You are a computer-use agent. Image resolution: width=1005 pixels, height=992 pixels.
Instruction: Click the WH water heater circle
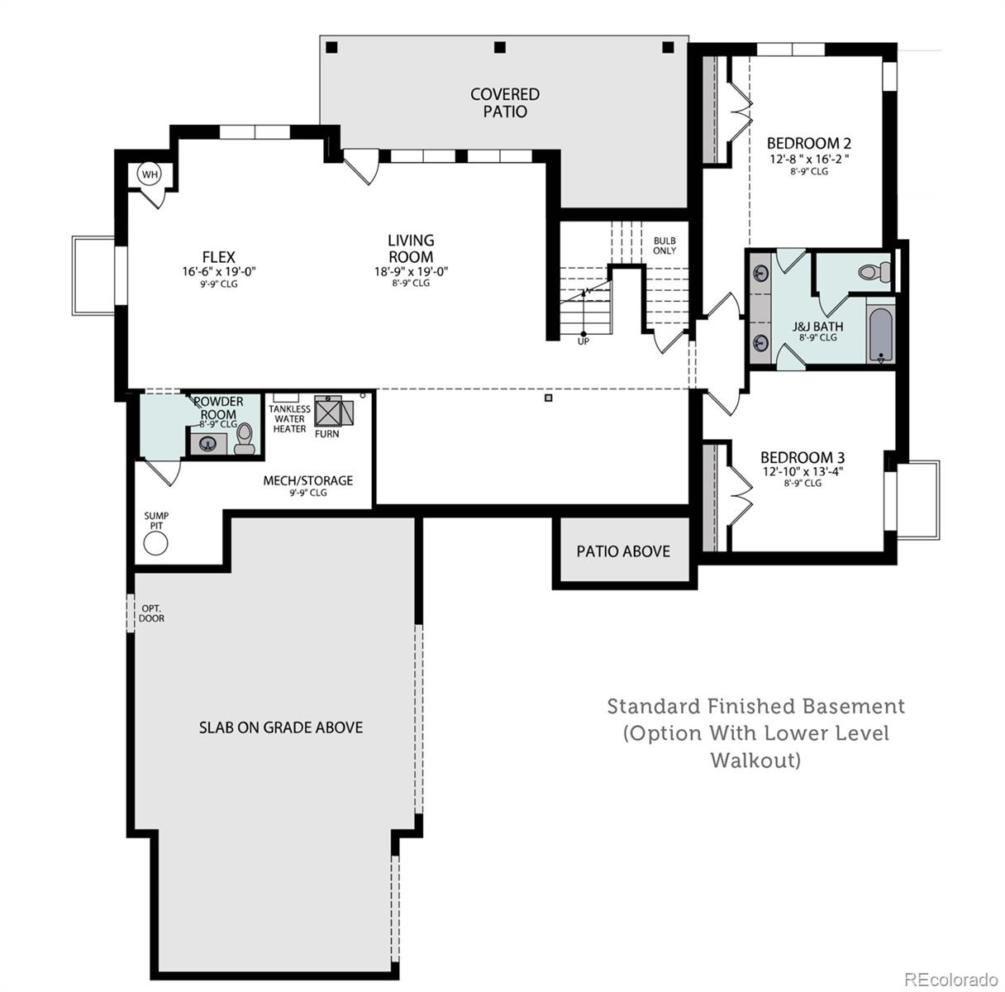coord(150,174)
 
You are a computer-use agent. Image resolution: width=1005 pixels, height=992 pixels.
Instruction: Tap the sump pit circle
coord(155,543)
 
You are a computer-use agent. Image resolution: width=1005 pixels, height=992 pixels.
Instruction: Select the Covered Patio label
coord(504,103)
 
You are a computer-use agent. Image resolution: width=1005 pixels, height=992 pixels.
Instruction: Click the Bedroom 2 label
coord(808,142)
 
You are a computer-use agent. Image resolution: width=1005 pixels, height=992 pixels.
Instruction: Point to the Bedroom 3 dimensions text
coord(803,472)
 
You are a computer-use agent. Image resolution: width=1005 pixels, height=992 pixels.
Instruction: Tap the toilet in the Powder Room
coord(244,439)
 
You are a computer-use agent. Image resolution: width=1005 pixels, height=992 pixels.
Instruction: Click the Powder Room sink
coord(207,443)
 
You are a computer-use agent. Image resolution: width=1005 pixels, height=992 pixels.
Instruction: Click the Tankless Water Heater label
coord(289,418)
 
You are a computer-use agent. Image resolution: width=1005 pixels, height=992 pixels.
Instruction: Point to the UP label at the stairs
coord(583,341)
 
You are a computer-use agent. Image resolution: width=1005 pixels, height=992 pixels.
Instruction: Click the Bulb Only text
coord(664,246)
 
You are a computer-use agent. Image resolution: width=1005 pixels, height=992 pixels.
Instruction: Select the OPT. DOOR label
coord(151,613)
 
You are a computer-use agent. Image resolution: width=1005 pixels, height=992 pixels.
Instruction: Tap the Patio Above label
coord(622,551)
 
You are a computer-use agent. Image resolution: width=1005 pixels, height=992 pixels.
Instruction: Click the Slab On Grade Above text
coord(280,727)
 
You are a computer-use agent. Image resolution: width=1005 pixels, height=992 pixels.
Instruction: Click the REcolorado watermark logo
coord(950,979)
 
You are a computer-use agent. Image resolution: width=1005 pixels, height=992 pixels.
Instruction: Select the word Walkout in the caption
coord(755,760)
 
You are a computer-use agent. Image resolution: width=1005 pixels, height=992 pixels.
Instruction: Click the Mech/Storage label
coord(307,480)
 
